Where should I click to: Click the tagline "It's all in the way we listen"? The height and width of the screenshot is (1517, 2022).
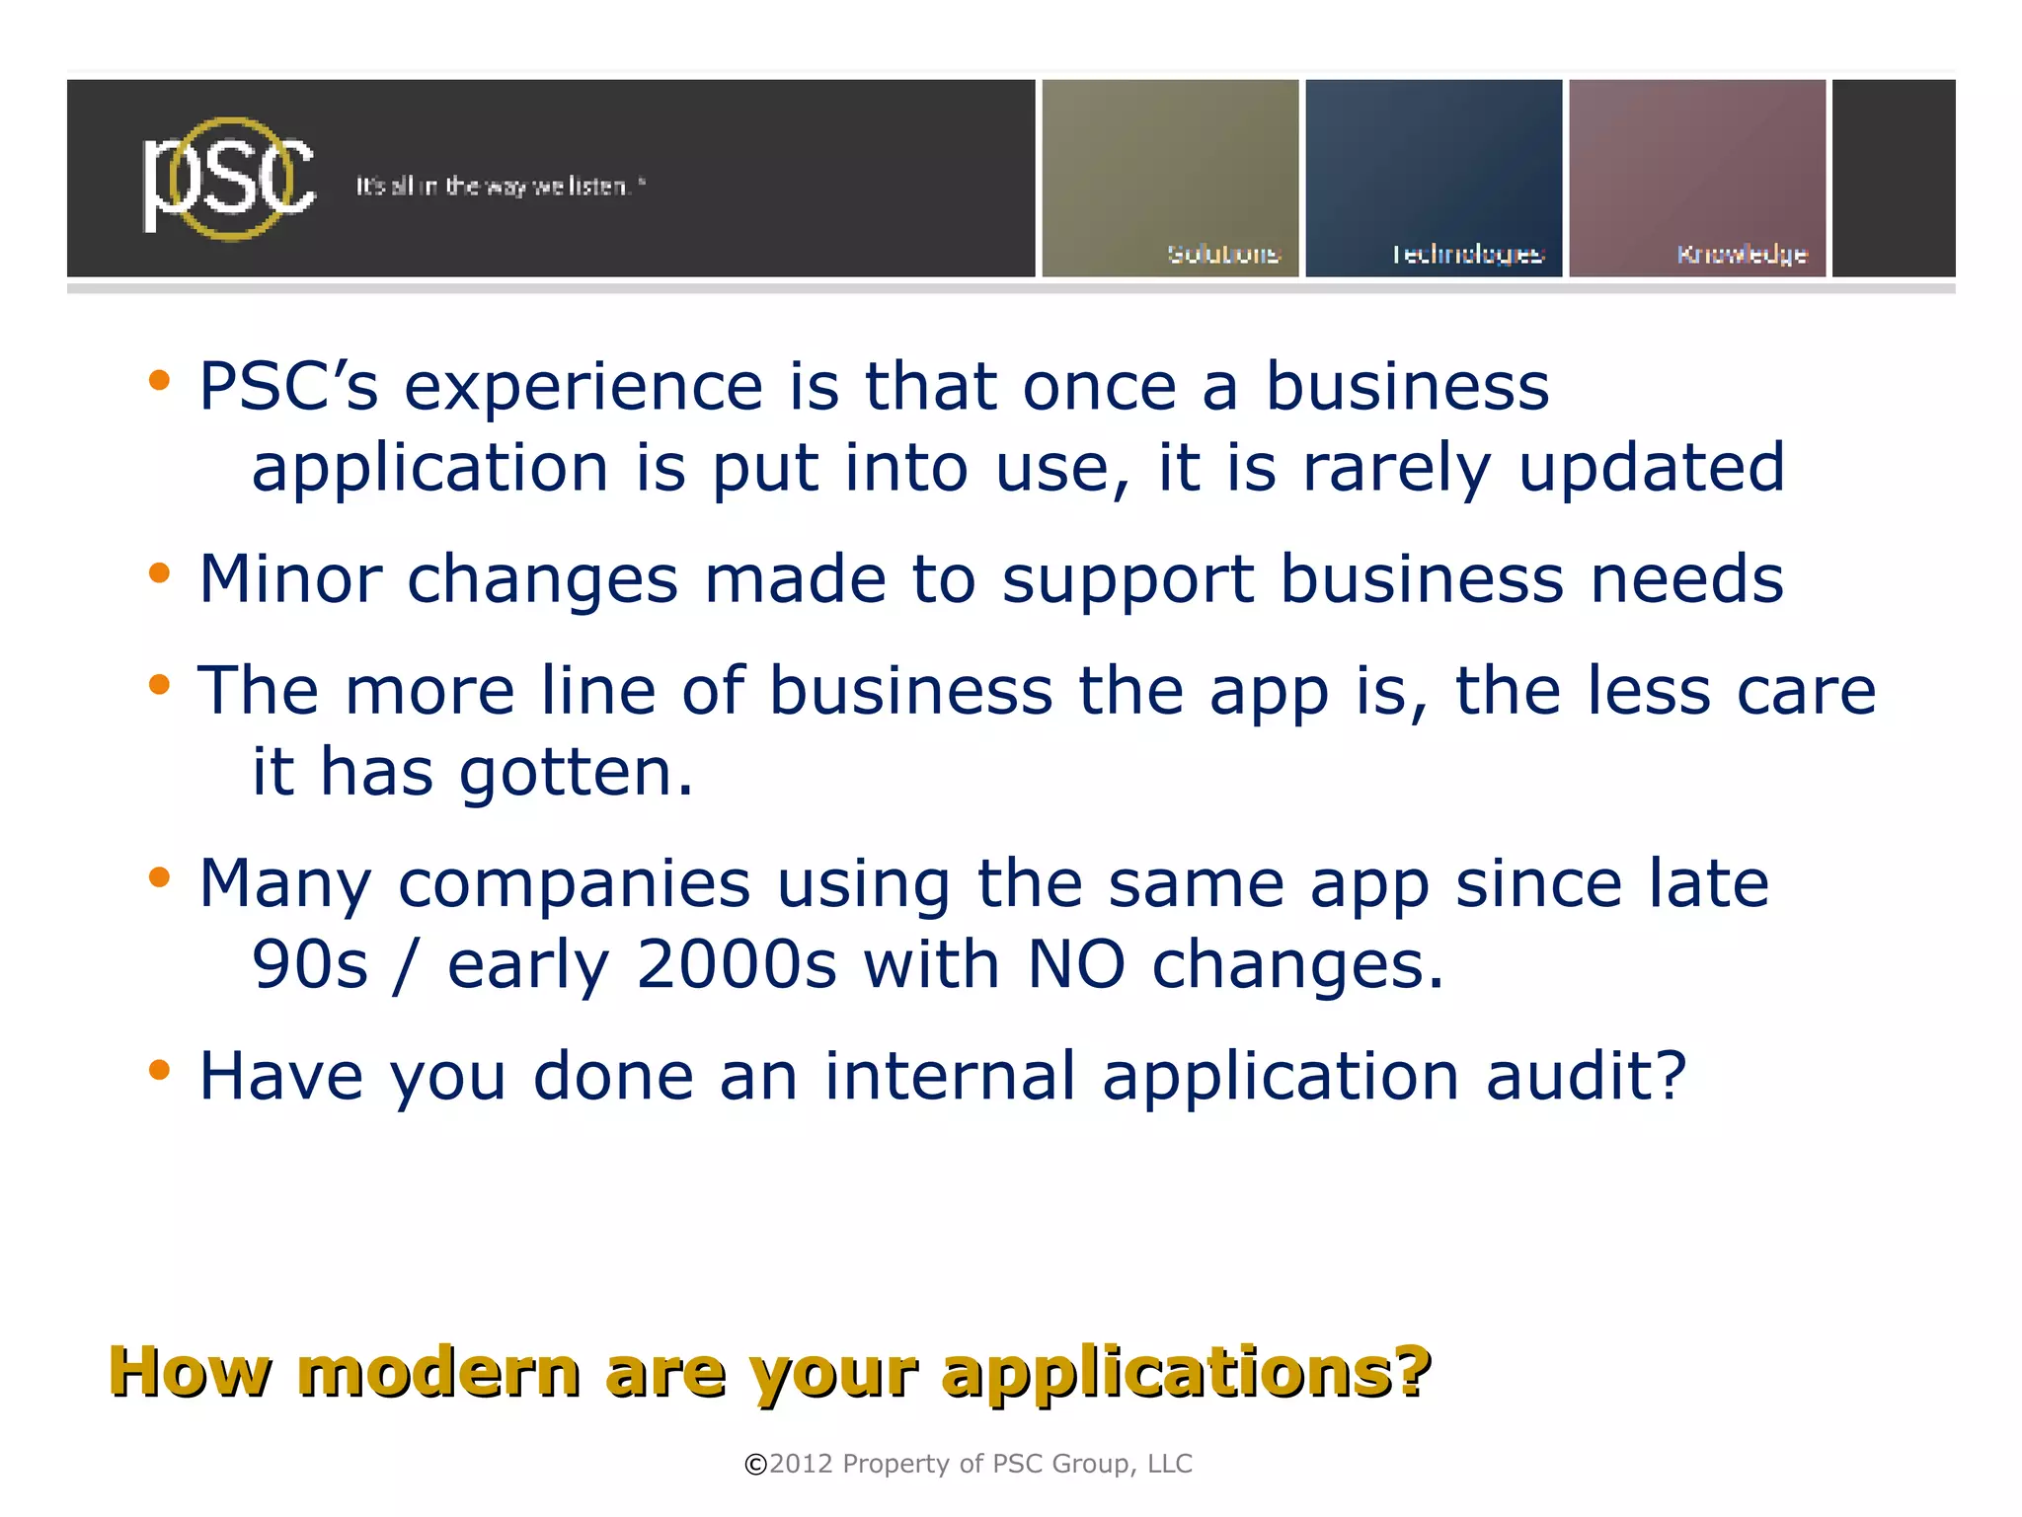tap(499, 186)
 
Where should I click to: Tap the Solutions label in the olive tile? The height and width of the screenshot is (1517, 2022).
tap(1223, 254)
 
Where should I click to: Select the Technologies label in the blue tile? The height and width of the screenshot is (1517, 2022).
tap(1467, 255)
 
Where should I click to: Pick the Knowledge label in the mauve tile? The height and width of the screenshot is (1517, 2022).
tap(1742, 255)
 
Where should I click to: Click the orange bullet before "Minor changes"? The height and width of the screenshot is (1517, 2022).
tap(159, 573)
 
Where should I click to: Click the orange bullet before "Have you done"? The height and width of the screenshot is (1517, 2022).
tap(159, 1070)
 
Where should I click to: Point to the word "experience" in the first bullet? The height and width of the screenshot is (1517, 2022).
tap(583, 387)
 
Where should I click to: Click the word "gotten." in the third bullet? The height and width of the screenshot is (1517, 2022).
tap(577, 772)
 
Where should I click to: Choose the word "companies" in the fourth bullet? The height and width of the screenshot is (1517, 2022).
tap(574, 884)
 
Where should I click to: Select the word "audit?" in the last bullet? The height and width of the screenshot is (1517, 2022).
tap(1586, 1076)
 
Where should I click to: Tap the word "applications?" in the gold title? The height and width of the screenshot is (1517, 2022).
tap(1186, 1373)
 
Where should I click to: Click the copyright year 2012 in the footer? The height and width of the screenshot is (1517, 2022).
tap(801, 1463)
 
